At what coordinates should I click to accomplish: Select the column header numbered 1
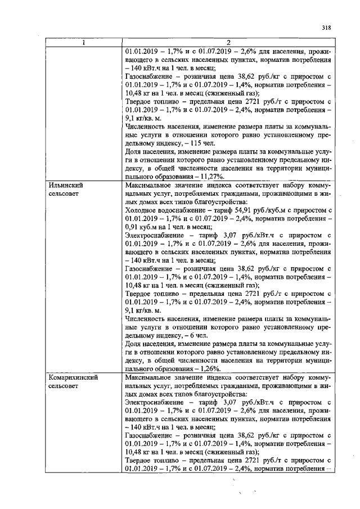[x=83, y=44]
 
